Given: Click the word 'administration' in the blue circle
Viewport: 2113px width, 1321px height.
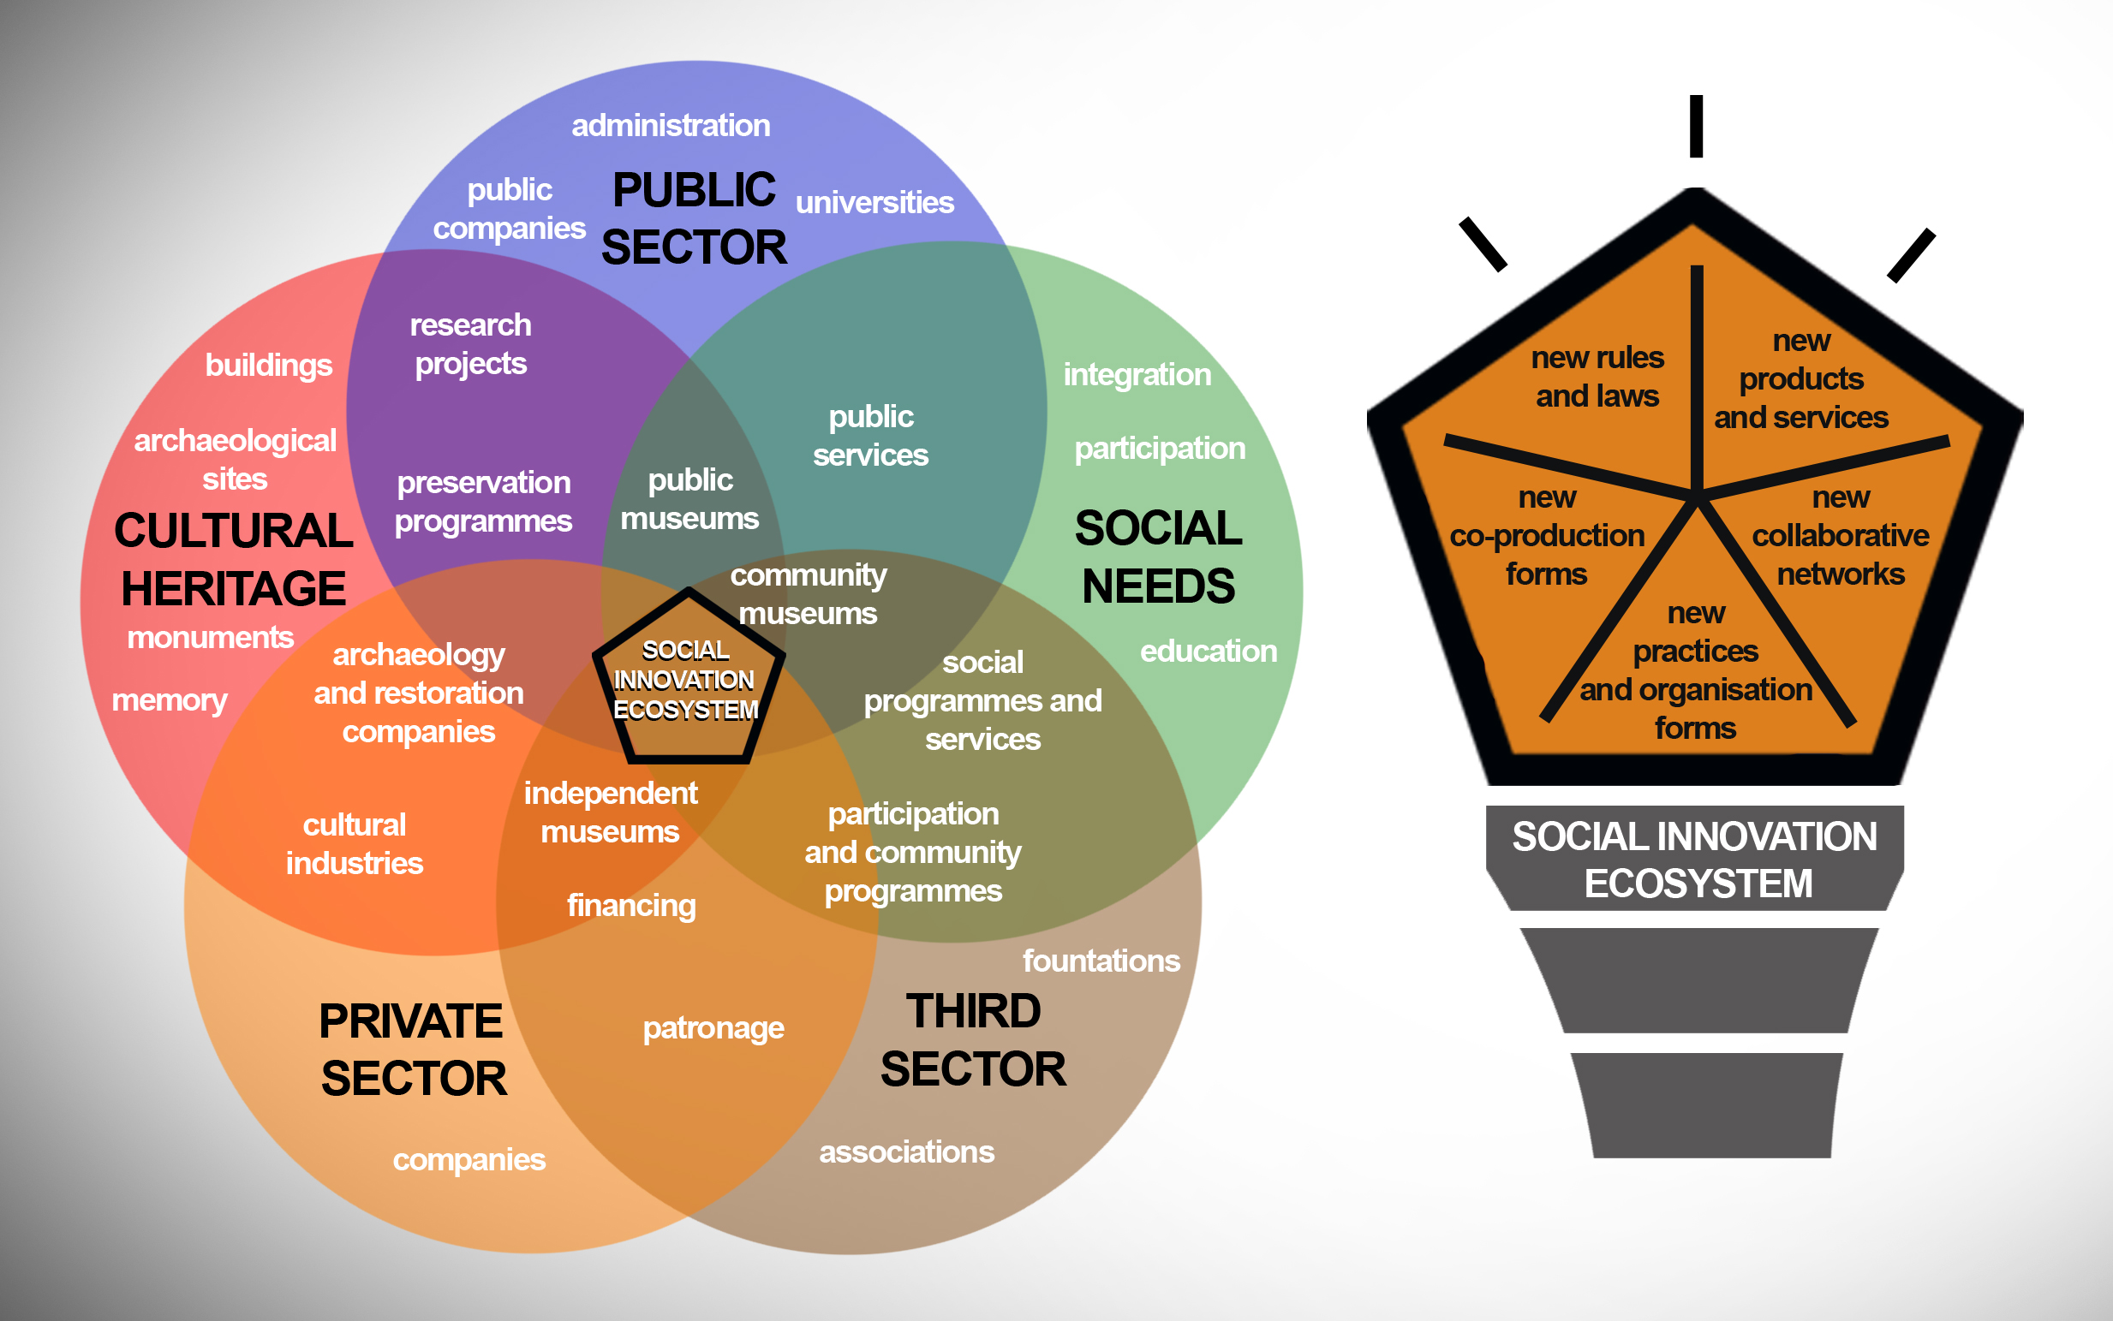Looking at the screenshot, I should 671,126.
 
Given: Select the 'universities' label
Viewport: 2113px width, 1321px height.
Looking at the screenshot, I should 874,203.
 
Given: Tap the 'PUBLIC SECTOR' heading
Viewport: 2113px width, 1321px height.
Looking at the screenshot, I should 694,218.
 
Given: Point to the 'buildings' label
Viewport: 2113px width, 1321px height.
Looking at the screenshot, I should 268,366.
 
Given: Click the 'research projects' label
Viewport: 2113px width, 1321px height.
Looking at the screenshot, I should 470,344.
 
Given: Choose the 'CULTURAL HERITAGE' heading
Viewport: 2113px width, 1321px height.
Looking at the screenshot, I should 233,559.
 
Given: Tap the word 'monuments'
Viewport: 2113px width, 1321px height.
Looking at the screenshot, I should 210,638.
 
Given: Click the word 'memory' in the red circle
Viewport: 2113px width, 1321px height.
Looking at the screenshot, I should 170,699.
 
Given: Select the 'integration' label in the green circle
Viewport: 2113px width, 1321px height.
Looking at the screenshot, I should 1136,375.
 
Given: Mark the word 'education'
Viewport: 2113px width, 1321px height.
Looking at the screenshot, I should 1208,651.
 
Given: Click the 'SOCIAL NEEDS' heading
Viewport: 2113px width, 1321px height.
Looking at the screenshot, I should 1158,556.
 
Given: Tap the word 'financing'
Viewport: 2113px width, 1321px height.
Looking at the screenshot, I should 631,905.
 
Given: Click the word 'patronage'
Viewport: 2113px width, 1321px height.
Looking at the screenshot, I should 713,1028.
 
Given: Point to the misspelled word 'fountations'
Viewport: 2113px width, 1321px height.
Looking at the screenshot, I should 1101,961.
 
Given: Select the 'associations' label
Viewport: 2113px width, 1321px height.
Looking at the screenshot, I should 906,1151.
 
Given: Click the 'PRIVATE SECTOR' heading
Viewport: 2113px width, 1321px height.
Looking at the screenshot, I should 412,1050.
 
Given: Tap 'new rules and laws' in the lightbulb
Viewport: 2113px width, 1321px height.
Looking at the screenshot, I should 1597,377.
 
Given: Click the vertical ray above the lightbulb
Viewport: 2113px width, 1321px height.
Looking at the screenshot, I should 1695,127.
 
